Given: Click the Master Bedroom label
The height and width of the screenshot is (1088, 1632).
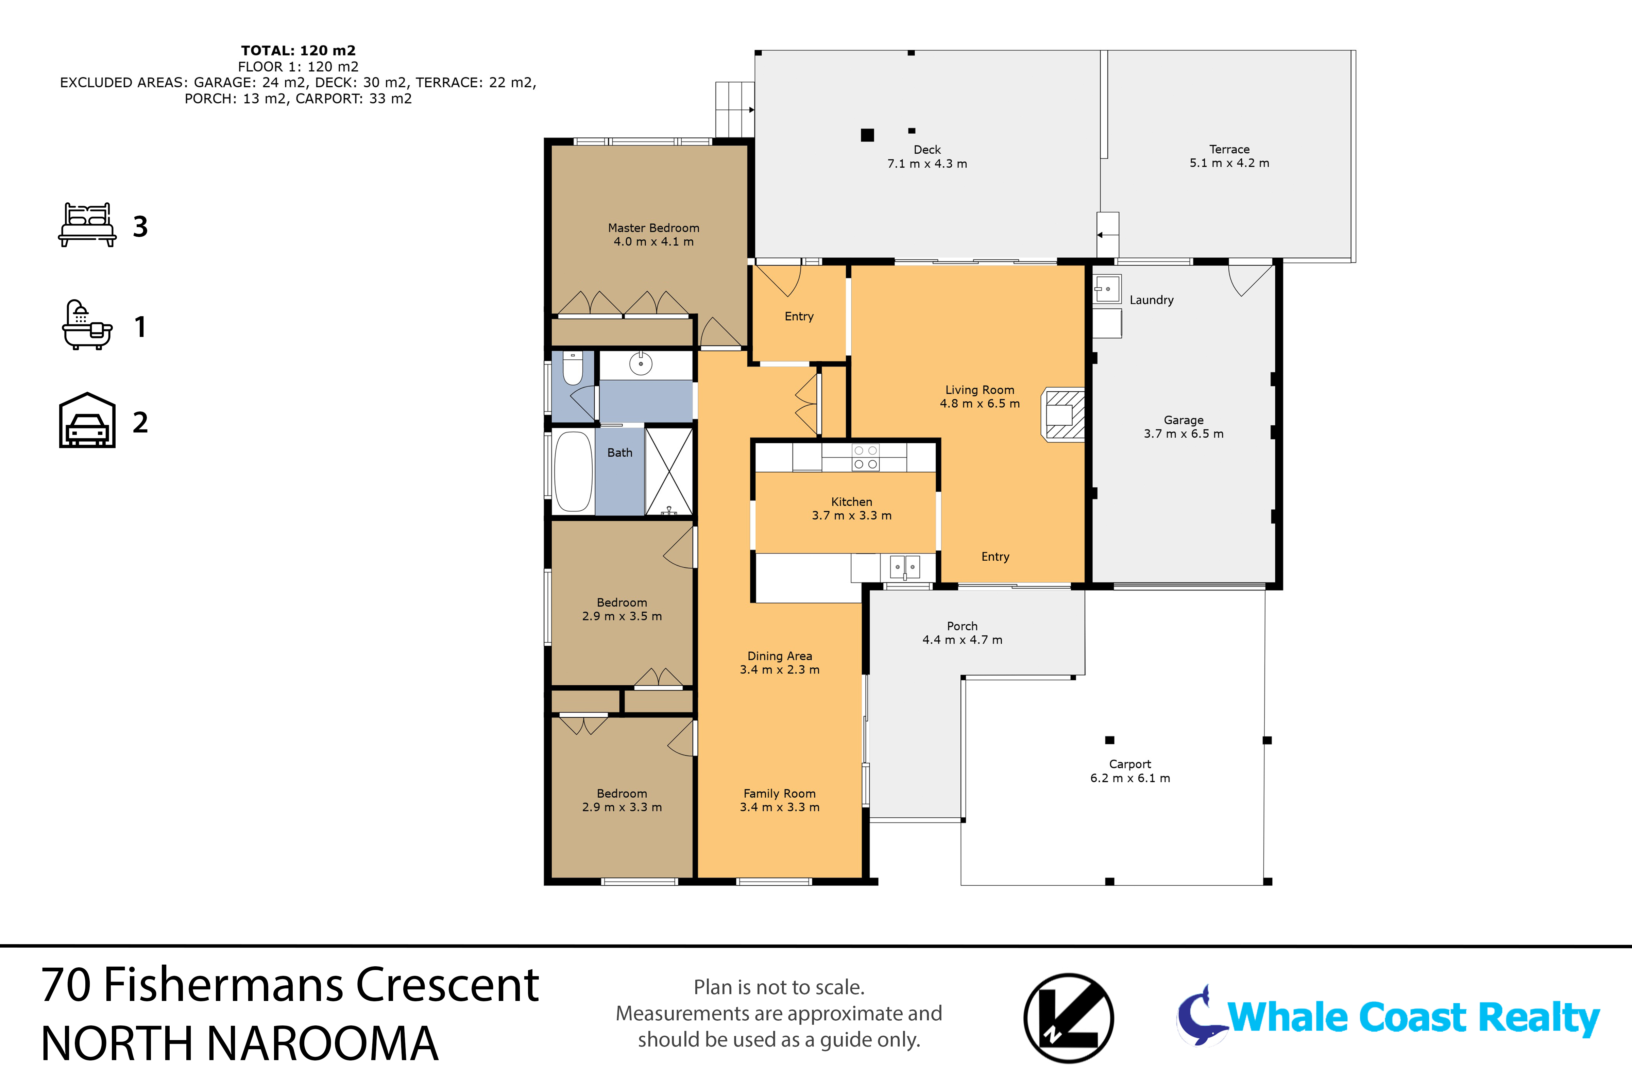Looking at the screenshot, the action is pos(653,227).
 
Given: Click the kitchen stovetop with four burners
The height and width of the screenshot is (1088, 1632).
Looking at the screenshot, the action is pos(865,457).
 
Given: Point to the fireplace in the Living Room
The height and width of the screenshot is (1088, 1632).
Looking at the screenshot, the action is pos(1062,414).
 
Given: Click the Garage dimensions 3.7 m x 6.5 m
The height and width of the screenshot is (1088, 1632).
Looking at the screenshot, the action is pos(1184,434).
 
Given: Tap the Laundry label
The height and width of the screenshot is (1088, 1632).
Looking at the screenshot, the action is pos(1152,300).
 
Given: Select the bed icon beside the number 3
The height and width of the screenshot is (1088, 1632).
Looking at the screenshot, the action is pos(87,225).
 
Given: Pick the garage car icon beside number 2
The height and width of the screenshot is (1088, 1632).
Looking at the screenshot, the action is pos(87,421).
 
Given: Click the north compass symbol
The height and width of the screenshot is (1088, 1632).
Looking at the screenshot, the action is pos(1069,1018).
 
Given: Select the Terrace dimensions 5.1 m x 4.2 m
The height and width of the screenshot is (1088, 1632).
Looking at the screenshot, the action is pos(1229,163).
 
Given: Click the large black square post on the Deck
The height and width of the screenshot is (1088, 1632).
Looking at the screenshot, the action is pos(867,135).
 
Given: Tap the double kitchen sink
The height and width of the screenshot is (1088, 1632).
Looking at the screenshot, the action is pos(905,567).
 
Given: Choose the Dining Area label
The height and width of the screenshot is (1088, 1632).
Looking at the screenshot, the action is pos(780,656).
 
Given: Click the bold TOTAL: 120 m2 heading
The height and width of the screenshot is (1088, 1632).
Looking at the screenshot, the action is pos(299,51).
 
